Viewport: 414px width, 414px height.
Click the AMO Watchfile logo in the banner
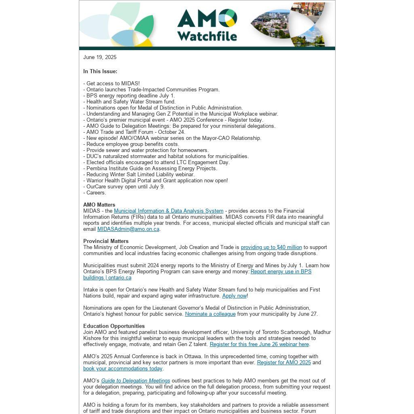pos(207,25)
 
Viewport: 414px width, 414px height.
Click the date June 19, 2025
pos(100,57)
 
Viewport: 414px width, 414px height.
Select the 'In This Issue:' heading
pos(100,72)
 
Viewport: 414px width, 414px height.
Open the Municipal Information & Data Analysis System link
pos(169,211)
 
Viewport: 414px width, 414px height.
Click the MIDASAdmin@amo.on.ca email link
pos(128,229)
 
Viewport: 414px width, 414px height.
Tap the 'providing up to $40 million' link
pos(271,247)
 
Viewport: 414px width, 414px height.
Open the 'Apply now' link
pos(234,296)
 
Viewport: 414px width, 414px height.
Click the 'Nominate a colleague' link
pos(210,314)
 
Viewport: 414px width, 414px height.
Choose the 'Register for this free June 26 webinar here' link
pos(259,344)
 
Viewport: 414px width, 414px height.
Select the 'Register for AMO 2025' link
pos(284,363)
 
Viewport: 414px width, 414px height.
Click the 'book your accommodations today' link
pos(123,369)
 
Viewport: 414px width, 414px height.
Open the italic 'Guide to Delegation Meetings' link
pos(135,381)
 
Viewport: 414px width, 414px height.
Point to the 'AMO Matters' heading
pos(99,205)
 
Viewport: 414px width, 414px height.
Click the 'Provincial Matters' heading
pos(106,241)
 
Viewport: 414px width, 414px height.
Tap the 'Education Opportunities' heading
pos(114,326)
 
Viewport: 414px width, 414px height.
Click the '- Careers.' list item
pos(95,193)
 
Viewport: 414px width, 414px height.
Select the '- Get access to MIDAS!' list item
pos(112,84)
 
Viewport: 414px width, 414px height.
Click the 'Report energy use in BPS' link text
pos(281,272)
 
